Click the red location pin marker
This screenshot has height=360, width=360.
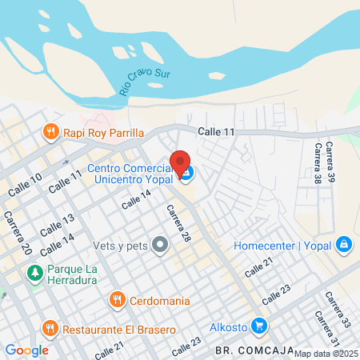tap(180, 162)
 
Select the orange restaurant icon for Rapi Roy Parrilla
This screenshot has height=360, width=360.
tap(50, 133)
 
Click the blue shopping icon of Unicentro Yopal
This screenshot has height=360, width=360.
tap(186, 173)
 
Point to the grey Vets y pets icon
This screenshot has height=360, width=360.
tap(160, 245)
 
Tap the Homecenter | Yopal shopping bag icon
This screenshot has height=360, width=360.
tap(343, 244)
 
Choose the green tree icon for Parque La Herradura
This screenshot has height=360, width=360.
tap(34, 274)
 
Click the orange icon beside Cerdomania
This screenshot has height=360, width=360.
tap(117, 300)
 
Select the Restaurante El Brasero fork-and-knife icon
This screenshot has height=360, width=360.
tap(50, 327)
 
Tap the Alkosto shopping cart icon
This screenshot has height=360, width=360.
tap(258, 326)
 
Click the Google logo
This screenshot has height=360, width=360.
tap(26, 350)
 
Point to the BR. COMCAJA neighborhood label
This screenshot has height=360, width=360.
tap(250, 350)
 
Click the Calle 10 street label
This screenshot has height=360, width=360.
tap(24, 186)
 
